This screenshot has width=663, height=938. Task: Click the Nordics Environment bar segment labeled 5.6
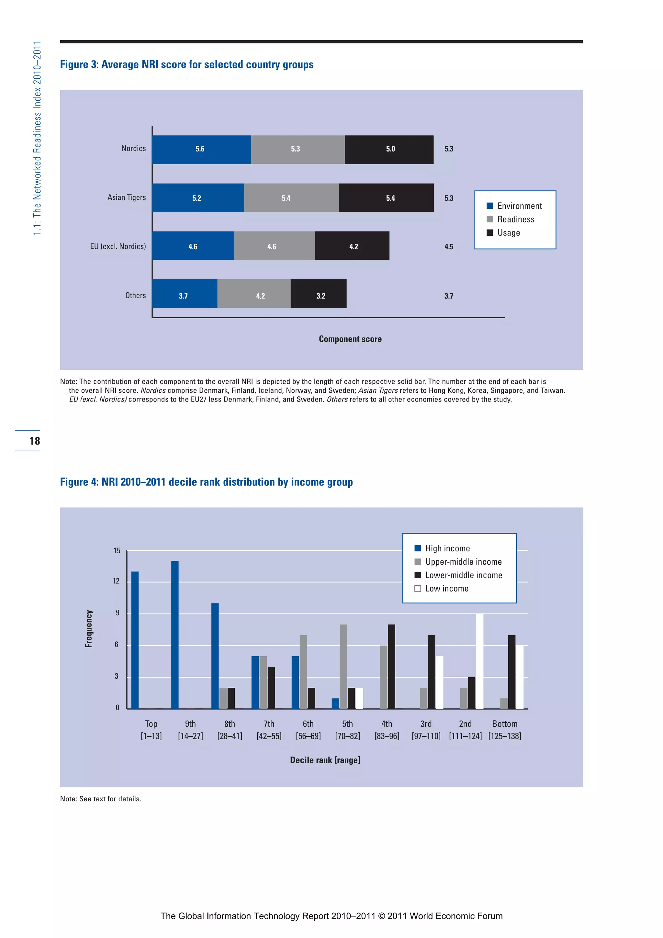pos(201,150)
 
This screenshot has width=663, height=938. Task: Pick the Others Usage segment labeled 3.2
pos(318,294)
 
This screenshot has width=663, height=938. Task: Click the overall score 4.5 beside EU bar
pos(449,247)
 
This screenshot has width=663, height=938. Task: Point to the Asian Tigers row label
pos(126,197)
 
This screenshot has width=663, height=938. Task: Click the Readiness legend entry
pos(515,220)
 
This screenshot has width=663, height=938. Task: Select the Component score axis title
pos(350,339)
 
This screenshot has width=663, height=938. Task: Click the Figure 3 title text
pos(187,64)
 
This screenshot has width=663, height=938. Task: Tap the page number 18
pos(35,441)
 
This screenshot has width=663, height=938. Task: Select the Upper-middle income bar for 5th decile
pos(343,666)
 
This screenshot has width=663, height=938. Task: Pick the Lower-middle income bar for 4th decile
pos(391,666)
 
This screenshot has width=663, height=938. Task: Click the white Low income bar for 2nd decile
pos(479,661)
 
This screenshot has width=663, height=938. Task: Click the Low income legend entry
pos(446,588)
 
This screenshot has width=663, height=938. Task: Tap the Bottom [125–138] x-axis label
pos(504,730)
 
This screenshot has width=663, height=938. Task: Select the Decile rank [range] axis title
pos(325,760)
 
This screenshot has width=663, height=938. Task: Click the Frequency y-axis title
pos(89,628)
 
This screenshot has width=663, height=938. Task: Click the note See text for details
pos(100,799)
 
